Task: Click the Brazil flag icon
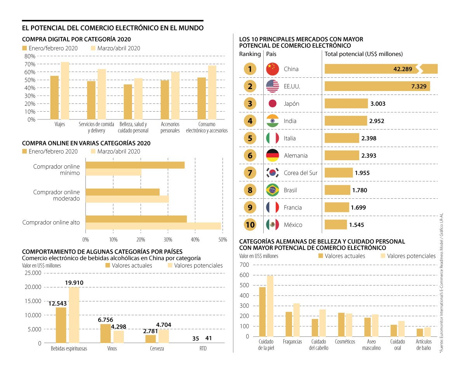[x=273, y=190]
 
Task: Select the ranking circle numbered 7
[x=250, y=173]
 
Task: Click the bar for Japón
[x=346, y=103]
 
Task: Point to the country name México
[x=293, y=225]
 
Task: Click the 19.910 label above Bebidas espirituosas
[x=74, y=282]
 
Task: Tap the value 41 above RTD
[x=209, y=338]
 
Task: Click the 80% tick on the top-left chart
[x=30, y=56]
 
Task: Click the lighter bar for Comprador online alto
[x=153, y=226]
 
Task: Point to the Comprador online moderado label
[x=56, y=195]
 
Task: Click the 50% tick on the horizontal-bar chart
[x=223, y=240]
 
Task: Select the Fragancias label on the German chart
[x=293, y=342]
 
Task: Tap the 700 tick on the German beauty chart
[x=244, y=265]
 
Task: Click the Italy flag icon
[x=273, y=138]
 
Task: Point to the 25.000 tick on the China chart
[x=33, y=273]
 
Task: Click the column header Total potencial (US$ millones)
[x=363, y=54]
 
